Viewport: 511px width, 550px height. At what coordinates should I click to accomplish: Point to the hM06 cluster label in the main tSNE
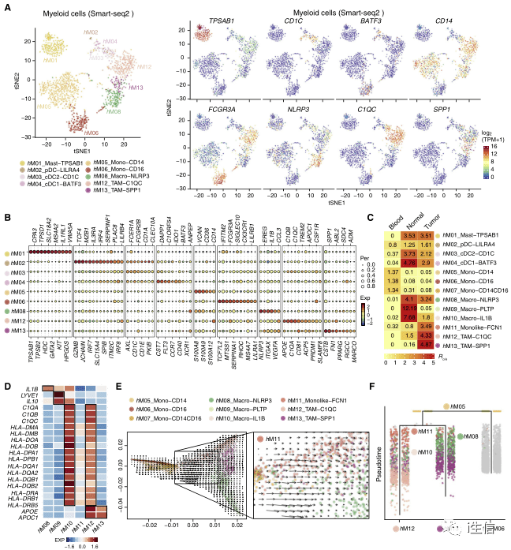tap(92, 133)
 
